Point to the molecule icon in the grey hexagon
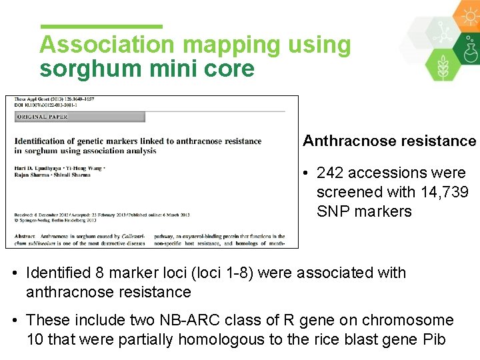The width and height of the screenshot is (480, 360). coord(441,31)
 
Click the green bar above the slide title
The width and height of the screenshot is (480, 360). coord(101,26)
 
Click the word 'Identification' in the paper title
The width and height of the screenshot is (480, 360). coord(48,141)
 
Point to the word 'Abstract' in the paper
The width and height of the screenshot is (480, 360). coord(25,237)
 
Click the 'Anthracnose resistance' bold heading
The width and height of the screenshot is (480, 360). coord(389,141)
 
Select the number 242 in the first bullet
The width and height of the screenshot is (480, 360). coord(330,173)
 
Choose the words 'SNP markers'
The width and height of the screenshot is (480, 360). coord(364,211)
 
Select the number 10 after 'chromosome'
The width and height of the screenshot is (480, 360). coord(35,339)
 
